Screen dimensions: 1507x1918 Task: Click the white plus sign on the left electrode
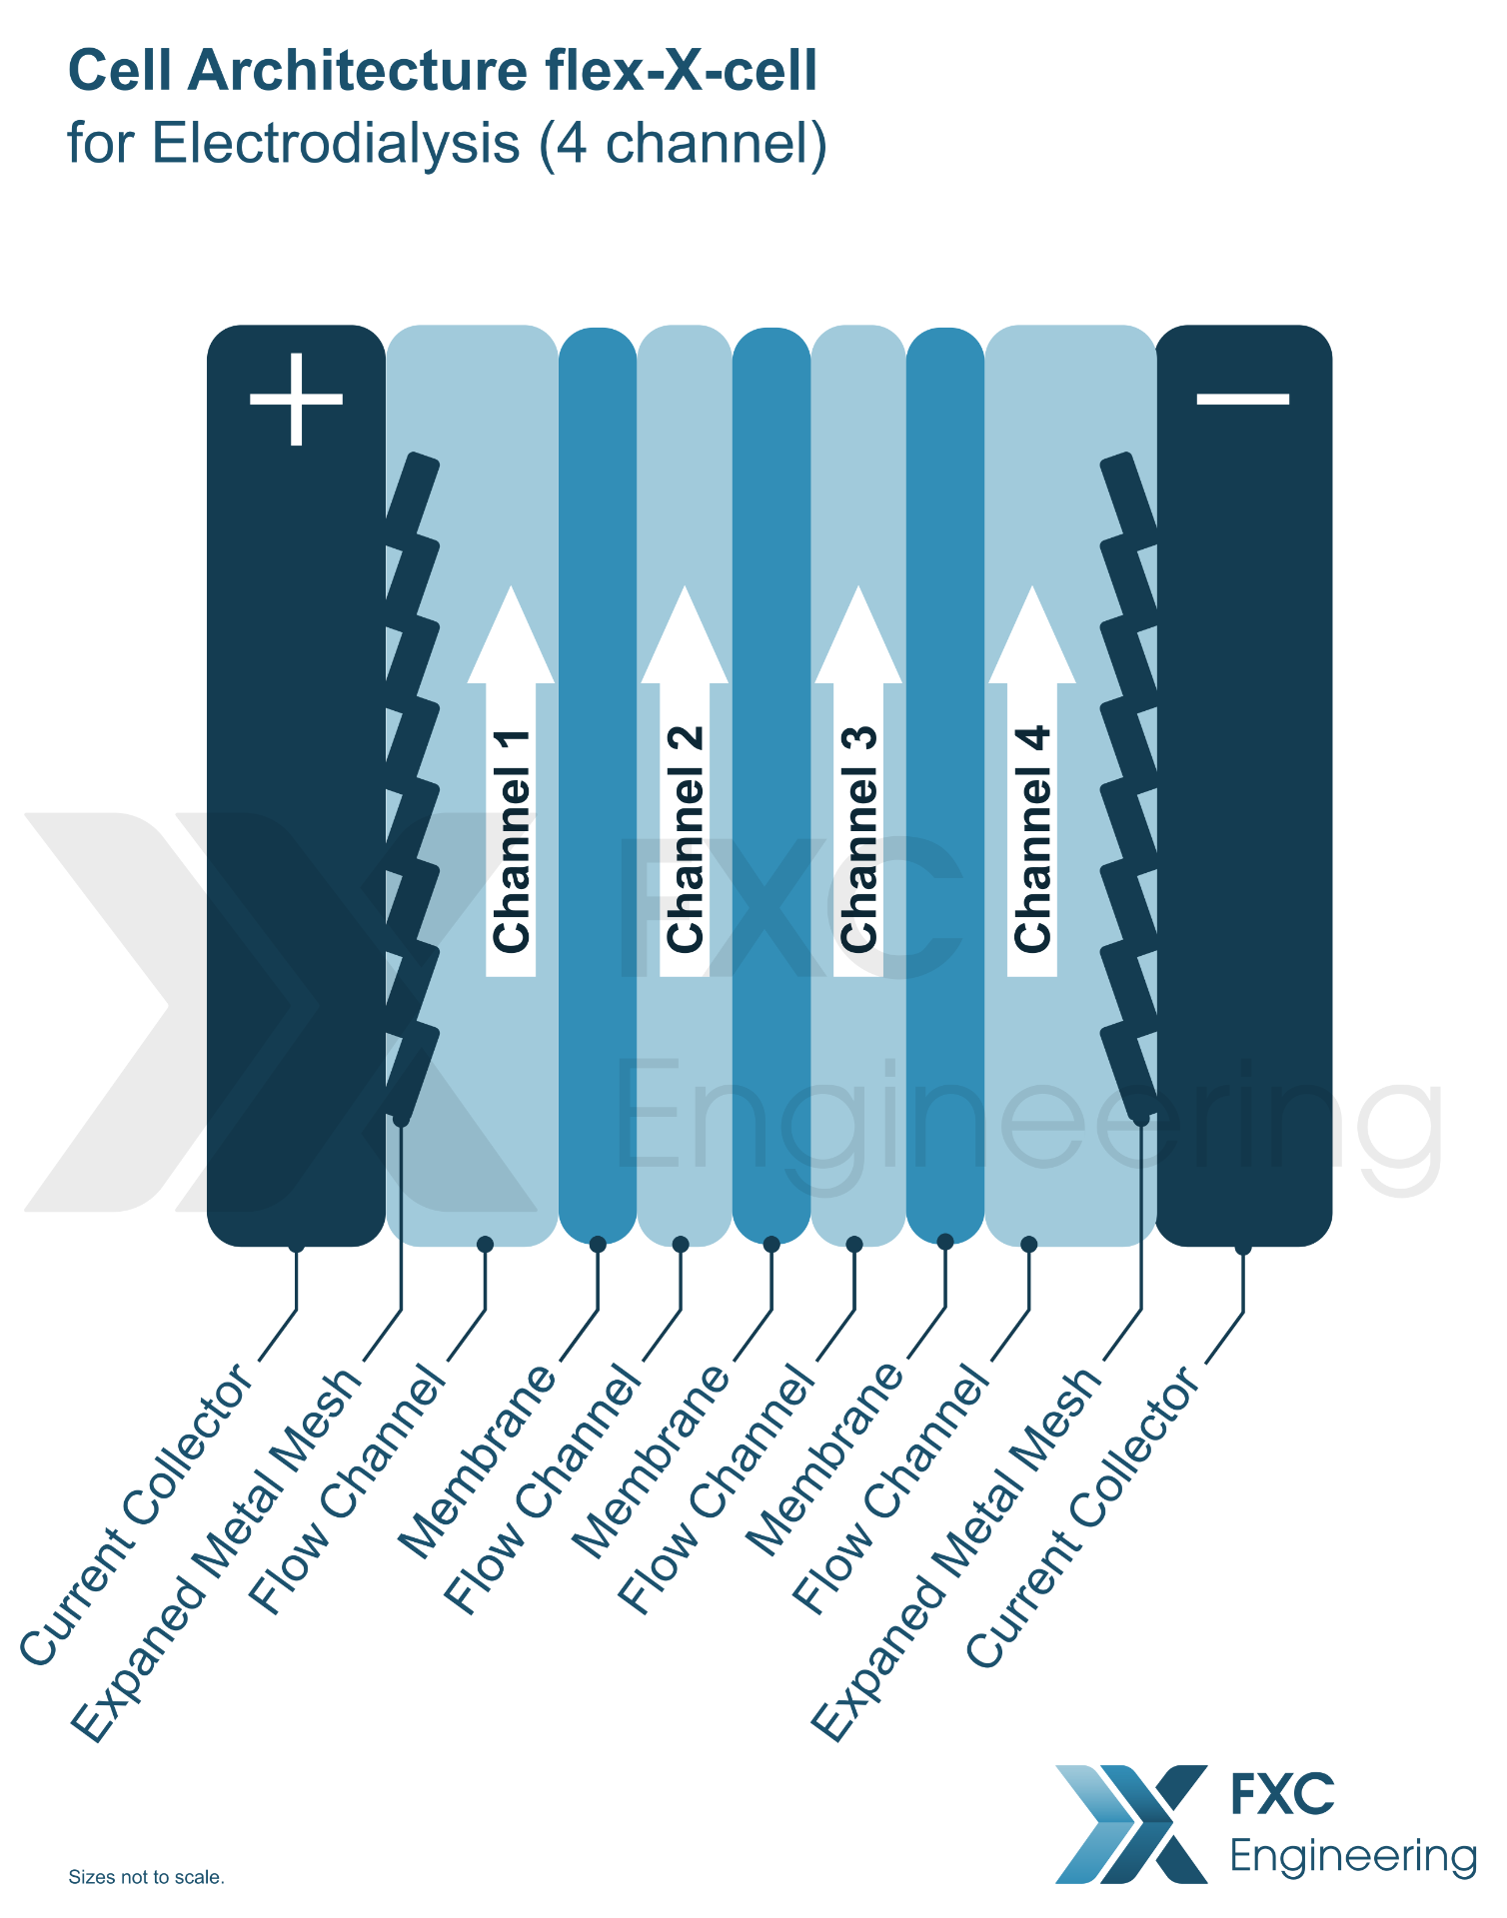(x=296, y=399)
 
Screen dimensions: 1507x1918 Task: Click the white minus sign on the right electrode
(x=1243, y=399)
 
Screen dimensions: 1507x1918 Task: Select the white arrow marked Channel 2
(x=685, y=781)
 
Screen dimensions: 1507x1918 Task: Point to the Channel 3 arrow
(x=858, y=781)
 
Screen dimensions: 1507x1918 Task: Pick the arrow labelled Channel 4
(x=1032, y=781)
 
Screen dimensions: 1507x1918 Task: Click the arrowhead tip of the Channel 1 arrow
(x=511, y=586)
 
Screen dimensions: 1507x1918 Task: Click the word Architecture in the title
(x=358, y=71)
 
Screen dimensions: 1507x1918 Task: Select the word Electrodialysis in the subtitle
(x=336, y=143)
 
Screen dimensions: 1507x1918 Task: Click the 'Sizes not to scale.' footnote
(x=146, y=1877)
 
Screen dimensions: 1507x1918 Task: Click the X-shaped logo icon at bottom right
(x=1131, y=1824)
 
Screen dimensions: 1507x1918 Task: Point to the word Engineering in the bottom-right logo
(x=1353, y=1857)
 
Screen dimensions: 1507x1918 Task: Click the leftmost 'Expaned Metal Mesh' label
(x=216, y=1553)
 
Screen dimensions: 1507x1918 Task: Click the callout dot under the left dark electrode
(x=296, y=1246)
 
